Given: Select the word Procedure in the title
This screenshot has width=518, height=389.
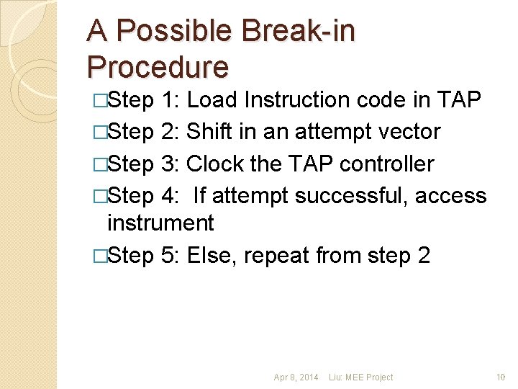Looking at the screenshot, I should click(x=158, y=67).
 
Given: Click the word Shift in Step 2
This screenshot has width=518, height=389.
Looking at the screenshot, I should click(x=206, y=132).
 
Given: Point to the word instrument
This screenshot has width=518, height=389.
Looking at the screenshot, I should click(x=160, y=223).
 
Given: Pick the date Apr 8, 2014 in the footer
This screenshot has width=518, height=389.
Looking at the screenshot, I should click(x=296, y=377).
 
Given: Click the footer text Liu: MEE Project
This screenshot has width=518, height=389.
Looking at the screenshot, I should click(x=360, y=377).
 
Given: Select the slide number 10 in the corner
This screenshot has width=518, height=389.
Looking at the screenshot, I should click(x=501, y=377).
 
